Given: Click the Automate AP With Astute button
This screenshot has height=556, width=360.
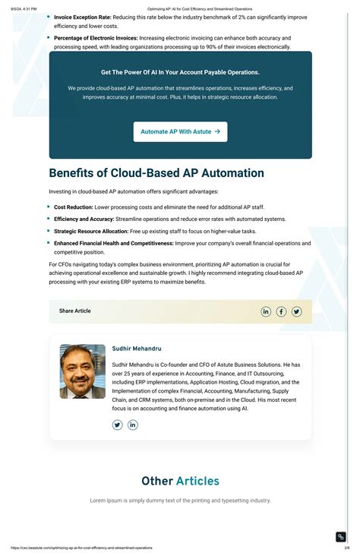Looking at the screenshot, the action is [x=180, y=131].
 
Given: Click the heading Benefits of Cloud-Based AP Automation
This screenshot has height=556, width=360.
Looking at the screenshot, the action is [x=156, y=173].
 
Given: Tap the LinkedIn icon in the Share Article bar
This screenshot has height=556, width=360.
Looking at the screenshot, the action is [x=266, y=311].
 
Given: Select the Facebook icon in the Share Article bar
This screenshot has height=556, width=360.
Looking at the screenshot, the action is [x=281, y=311].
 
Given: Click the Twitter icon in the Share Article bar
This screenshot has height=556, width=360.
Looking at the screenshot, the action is [x=296, y=311].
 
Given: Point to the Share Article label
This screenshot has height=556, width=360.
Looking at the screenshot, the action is [x=75, y=311].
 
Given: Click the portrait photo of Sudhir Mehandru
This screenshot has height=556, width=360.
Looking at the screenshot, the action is [x=83, y=371].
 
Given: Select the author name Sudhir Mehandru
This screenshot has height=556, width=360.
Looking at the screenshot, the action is [x=137, y=349].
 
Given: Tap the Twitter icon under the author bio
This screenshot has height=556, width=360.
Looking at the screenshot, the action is [x=118, y=425].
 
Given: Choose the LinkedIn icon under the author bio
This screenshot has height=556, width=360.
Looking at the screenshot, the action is [x=133, y=425].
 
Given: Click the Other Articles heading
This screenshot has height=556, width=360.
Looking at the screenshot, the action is [x=180, y=481].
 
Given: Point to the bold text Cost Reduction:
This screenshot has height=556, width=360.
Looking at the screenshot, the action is [x=74, y=207].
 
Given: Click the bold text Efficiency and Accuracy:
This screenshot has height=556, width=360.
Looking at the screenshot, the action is [x=84, y=219].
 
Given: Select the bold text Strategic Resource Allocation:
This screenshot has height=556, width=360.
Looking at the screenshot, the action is [x=91, y=231].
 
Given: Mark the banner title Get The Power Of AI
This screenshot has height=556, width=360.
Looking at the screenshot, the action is [x=180, y=72].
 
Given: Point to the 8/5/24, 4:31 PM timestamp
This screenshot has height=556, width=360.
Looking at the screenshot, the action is [x=24, y=9].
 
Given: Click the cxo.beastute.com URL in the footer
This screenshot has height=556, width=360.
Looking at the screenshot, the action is [x=81, y=548].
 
